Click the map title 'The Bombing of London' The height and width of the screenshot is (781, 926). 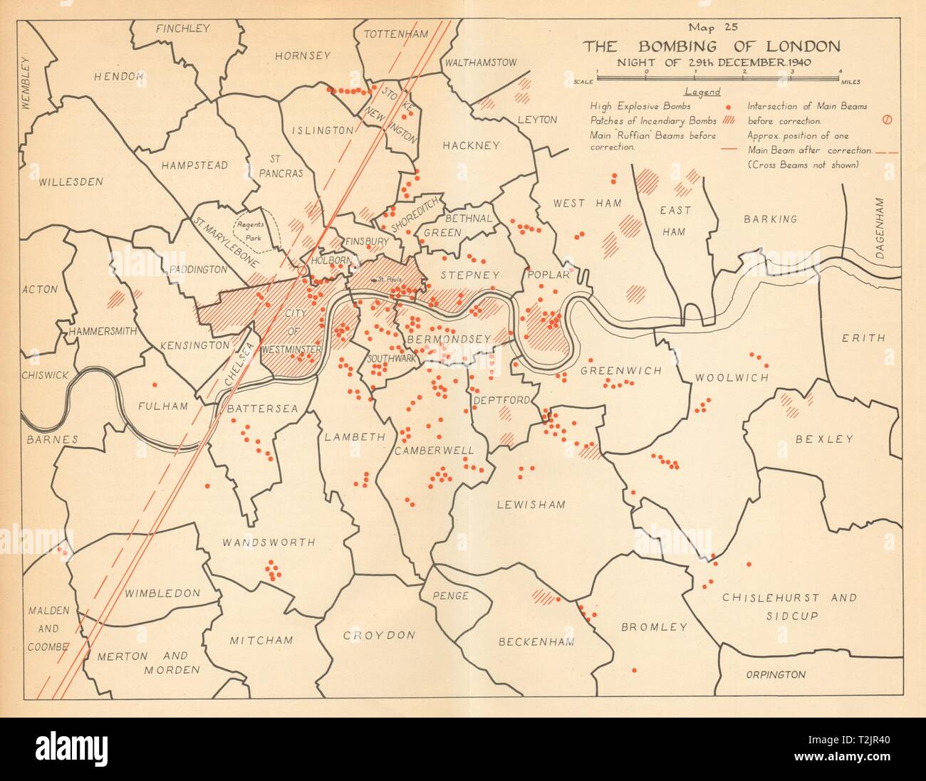click(711, 47)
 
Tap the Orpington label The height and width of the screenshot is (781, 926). click(776, 674)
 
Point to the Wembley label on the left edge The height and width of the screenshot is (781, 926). click(27, 83)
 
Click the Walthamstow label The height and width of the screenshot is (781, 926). click(481, 63)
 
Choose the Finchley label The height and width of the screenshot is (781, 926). click(183, 28)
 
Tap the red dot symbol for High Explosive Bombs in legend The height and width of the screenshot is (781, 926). click(726, 107)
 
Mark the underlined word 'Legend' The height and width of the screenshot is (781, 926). click(702, 92)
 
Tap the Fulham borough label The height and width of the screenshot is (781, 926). click(163, 407)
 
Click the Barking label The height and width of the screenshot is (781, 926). click(770, 219)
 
